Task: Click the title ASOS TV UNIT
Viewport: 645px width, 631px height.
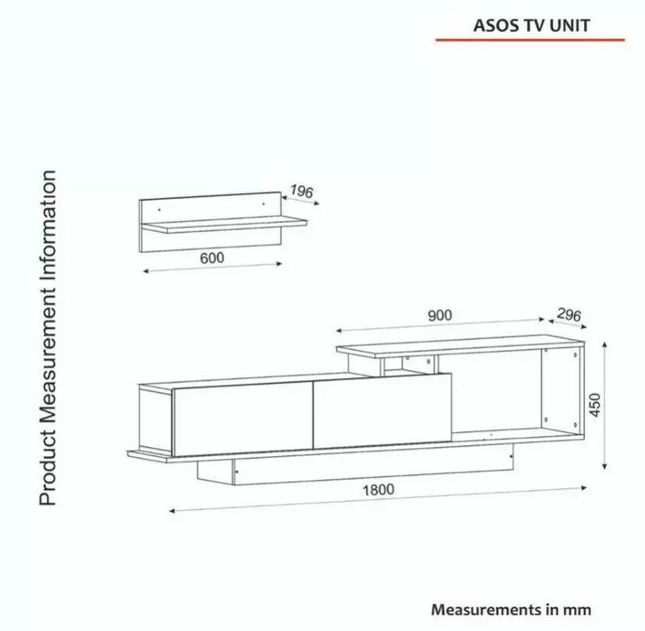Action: click(x=531, y=25)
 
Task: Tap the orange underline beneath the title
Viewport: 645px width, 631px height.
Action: click(x=531, y=39)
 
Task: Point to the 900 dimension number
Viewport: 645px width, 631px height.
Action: click(x=440, y=315)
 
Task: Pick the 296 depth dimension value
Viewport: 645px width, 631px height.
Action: click(x=568, y=315)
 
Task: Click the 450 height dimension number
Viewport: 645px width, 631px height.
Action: click(x=595, y=404)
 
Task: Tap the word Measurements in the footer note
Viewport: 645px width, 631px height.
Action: click(x=479, y=609)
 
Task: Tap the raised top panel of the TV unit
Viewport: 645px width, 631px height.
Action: click(x=461, y=344)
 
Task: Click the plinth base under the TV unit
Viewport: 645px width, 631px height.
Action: click(x=351, y=469)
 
